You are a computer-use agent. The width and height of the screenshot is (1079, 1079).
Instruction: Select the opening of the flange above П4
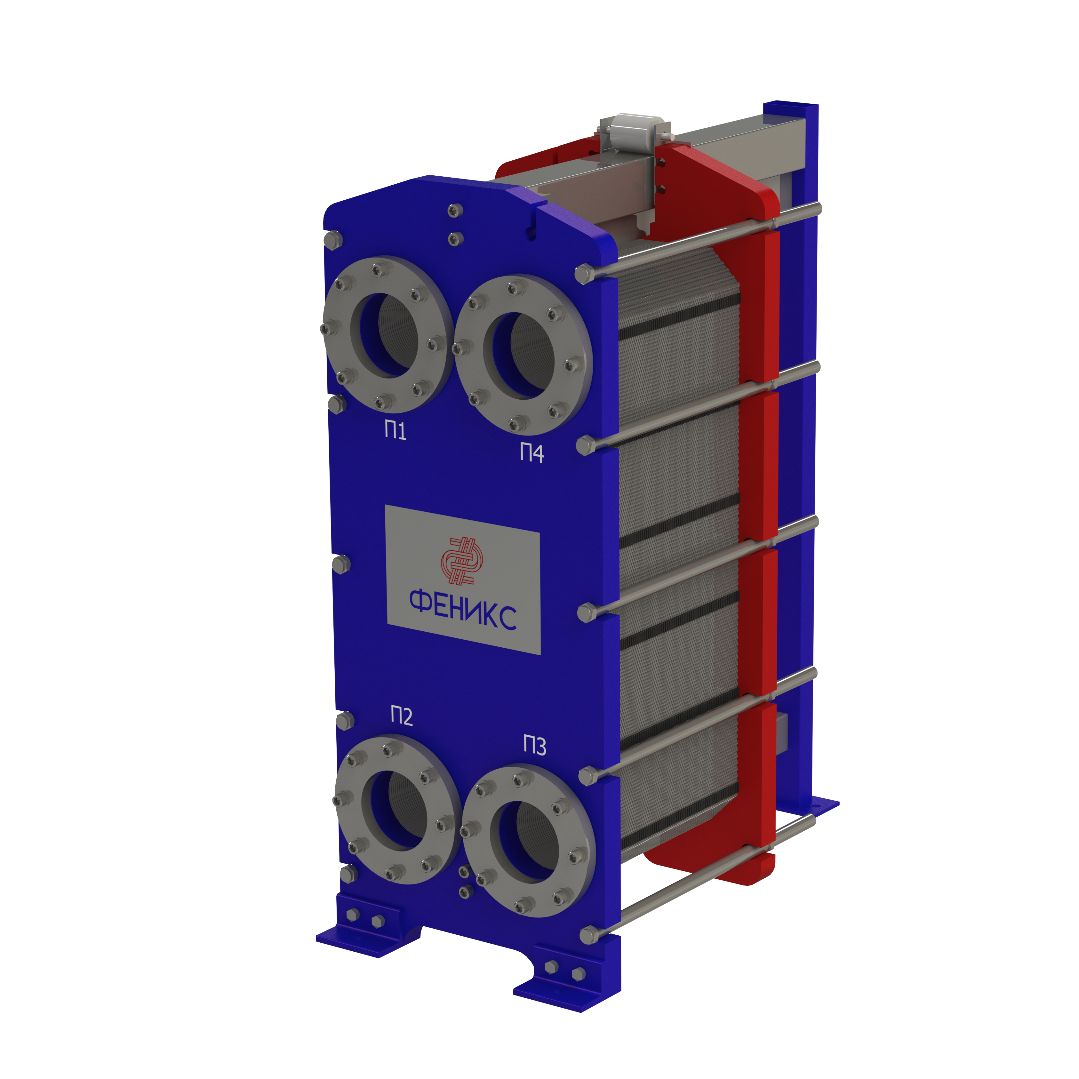519,355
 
